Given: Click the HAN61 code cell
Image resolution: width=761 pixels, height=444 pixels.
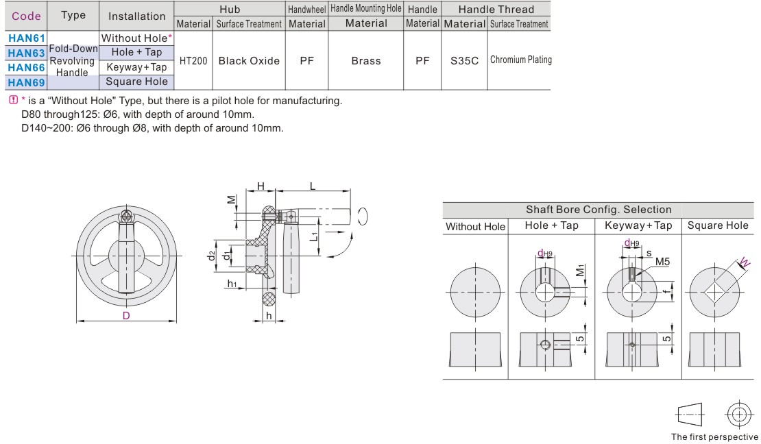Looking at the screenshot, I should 26,38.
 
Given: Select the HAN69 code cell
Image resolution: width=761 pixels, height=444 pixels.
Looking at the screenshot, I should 26,83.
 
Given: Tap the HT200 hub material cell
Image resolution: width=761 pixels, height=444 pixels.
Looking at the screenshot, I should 193,61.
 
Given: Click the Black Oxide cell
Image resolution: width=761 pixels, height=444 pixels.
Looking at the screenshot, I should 249,61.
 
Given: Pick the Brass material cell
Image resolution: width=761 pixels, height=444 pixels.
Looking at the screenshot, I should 365,61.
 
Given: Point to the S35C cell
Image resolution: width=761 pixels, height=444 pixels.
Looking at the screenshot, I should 464,61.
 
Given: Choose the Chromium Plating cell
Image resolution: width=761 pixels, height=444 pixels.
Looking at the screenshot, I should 520,60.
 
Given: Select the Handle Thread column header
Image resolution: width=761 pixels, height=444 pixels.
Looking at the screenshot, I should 496,10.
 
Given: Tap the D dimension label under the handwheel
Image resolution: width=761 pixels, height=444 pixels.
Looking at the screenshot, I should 126,316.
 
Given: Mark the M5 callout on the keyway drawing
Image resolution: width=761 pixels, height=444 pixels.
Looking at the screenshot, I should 662,262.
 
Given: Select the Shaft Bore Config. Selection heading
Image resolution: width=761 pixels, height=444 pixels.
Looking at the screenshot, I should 598,210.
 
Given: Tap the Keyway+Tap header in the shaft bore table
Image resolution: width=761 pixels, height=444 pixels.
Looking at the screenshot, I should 638,225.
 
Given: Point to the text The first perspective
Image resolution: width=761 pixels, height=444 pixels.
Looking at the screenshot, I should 714,436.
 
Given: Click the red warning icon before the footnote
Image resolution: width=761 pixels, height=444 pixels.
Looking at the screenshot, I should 12,100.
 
